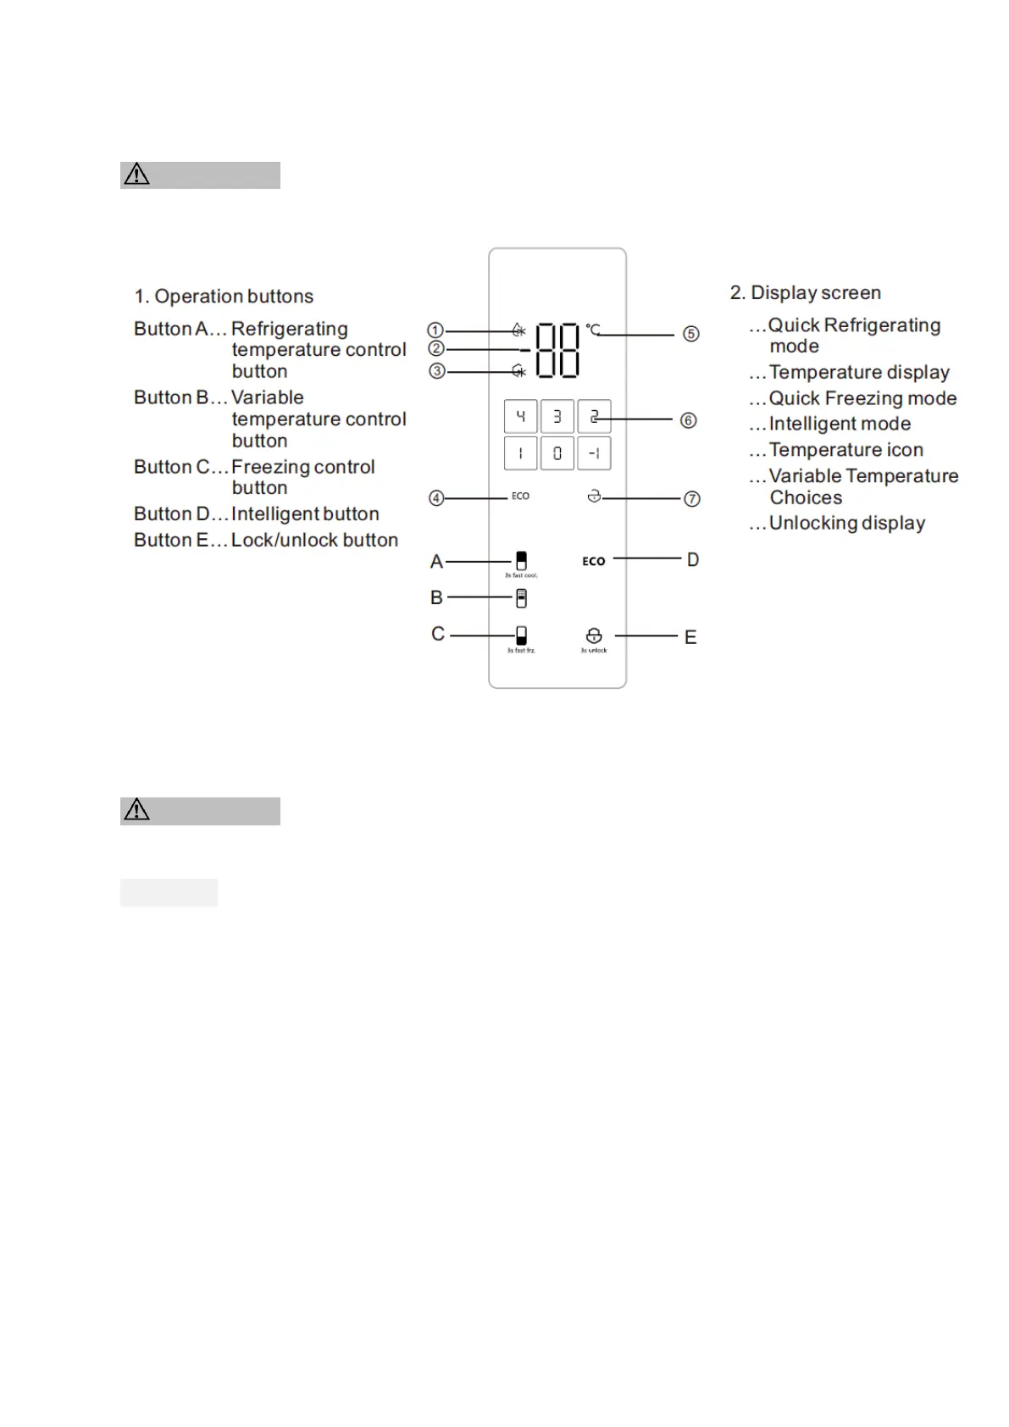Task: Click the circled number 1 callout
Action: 435,330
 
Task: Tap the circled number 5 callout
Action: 691,334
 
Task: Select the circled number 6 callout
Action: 689,420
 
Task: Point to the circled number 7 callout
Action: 692,499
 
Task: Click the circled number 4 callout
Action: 436,498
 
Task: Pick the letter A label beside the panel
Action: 436,561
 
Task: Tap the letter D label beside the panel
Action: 693,559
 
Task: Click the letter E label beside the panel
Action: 690,637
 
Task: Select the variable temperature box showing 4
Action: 520,417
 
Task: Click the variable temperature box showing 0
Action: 557,453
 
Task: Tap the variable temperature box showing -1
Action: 594,453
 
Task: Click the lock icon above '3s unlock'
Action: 594,636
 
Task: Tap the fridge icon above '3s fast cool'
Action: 521,560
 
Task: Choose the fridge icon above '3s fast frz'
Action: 521,636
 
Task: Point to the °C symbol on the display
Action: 593,329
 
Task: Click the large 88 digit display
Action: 557,350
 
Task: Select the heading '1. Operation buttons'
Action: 224,297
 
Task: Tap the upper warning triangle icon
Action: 136,175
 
